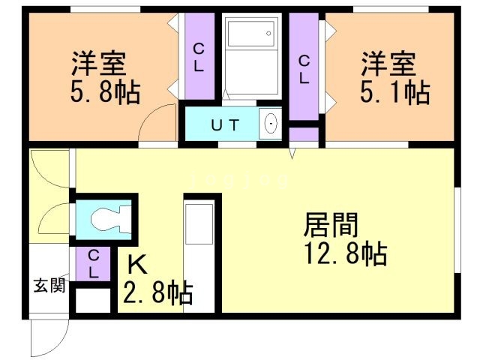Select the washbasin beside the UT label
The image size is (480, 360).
[271, 124]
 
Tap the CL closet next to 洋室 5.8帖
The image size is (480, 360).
[199, 57]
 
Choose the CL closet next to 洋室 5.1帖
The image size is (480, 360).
[304, 67]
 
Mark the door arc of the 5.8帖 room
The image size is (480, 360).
[159, 124]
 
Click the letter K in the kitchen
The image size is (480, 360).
[136, 265]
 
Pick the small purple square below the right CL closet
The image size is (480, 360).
[304, 135]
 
